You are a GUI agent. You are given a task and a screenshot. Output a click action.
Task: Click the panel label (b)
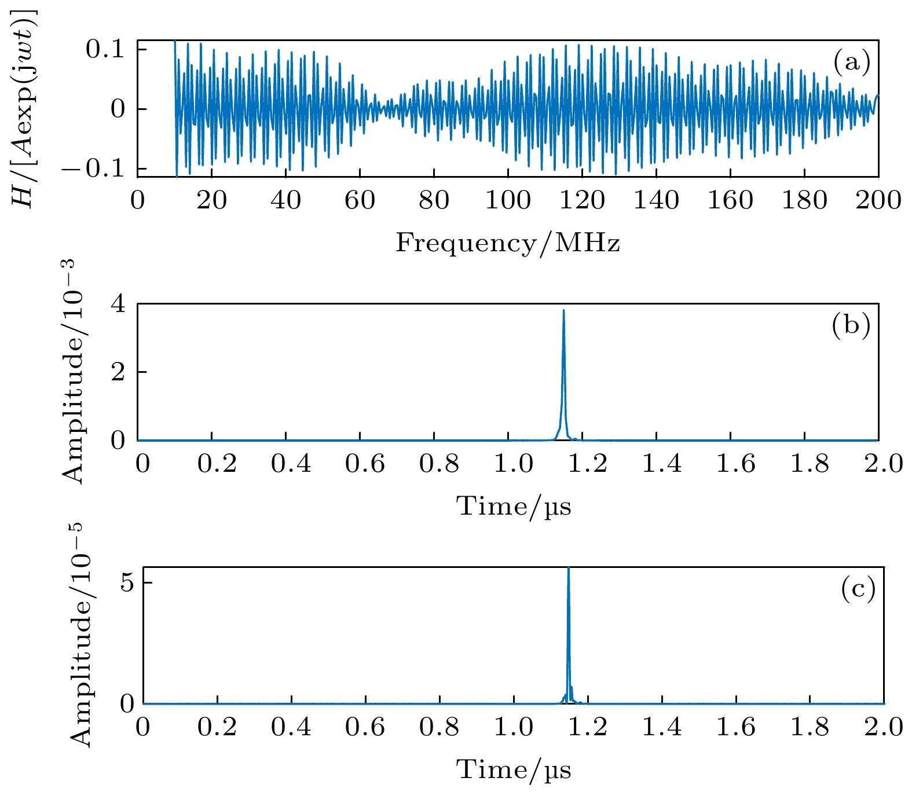coord(851,326)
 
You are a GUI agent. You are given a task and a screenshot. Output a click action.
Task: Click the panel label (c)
coord(858,589)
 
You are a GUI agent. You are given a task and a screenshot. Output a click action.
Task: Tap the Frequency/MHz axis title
coord(508,243)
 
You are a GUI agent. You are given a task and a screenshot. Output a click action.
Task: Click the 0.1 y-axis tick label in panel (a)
coord(105,50)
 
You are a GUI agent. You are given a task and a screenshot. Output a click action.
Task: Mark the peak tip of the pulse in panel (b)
coord(563,310)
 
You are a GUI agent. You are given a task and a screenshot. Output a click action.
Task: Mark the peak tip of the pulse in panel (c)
coord(569,569)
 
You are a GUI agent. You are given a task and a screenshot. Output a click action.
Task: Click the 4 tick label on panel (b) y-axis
coord(118,304)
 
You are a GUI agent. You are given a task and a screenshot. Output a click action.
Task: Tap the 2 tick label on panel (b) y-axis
coord(118,372)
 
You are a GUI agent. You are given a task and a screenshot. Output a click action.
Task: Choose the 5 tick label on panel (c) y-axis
coord(127,583)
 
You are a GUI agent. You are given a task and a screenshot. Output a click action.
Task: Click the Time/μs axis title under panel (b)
coord(514,507)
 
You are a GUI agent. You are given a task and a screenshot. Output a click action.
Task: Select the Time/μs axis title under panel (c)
coord(514,770)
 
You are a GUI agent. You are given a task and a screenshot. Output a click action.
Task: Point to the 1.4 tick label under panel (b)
coord(662,464)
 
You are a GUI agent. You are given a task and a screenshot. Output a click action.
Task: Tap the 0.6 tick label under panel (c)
coord(365,728)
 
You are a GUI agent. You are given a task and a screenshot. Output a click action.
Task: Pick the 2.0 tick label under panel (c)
coord(884,728)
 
